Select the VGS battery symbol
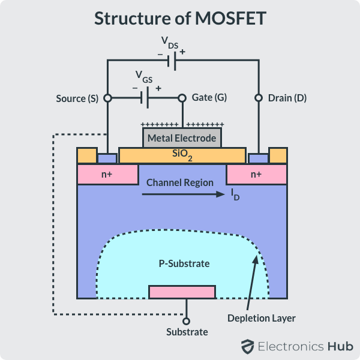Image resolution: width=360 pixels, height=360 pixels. click(144, 97)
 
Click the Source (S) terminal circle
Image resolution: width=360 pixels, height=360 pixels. click(107, 98)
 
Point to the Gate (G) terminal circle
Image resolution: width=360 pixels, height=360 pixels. click(182, 98)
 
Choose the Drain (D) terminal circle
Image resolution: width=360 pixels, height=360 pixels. click(259, 98)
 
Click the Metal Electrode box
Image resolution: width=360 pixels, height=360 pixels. click(182, 138)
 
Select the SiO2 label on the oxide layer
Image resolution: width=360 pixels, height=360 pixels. click(182, 155)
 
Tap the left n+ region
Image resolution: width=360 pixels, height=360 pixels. click(107, 175)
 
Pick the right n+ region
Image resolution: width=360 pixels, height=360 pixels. click(256, 175)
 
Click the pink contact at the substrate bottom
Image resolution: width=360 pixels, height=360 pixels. click(182, 292)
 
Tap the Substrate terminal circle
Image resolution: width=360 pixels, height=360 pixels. click(186, 322)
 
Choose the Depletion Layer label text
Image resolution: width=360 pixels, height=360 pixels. click(262, 318)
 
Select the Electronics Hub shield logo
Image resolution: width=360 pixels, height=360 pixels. click(247, 346)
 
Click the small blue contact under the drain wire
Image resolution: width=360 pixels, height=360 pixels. click(258, 158)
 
